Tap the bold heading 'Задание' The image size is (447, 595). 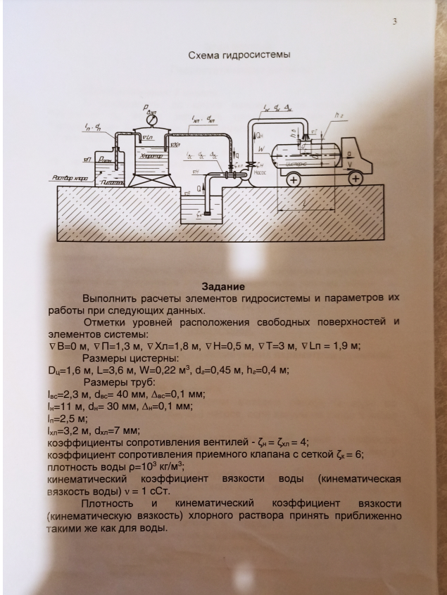(x=223, y=286)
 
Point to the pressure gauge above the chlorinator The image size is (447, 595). (x=151, y=120)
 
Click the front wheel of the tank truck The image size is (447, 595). (x=356, y=179)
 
